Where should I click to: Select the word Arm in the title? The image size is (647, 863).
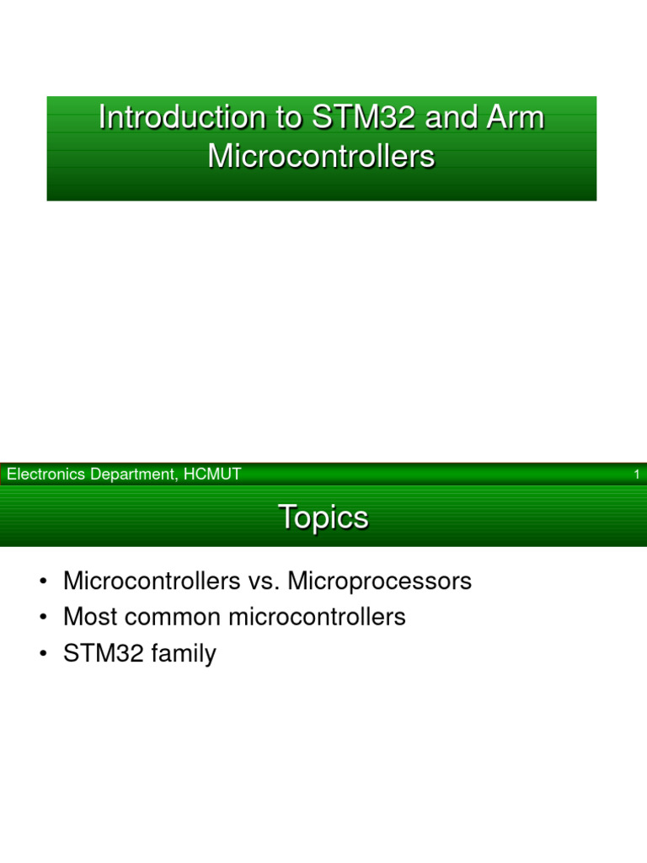click(515, 118)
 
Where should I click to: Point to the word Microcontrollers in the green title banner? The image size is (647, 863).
click(321, 157)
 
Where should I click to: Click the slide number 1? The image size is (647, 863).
click(637, 475)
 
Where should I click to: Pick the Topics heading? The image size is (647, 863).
click(323, 517)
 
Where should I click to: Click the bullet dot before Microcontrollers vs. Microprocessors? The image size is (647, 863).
click(42, 582)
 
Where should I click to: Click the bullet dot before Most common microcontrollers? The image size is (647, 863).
click(42, 619)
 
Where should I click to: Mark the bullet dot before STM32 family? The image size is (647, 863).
click(42, 655)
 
